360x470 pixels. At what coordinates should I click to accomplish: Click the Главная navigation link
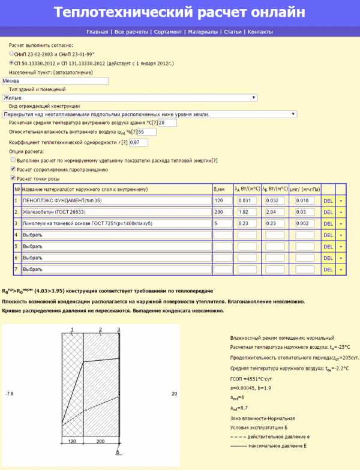[x=97, y=32]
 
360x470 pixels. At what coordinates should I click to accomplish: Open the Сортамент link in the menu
[x=167, y=32]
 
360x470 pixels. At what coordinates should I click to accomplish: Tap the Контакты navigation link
[x=260, y=32]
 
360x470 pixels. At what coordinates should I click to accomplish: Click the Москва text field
[x=54, y=80]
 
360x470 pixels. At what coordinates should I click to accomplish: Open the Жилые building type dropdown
[x=129, y=97]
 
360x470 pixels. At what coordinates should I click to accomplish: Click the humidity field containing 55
[x=147, y=131]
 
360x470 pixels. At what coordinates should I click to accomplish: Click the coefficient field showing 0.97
[x=138, y=142]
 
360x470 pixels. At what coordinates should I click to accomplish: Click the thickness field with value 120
[x=221, y=200]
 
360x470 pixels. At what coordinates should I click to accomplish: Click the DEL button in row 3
[x=328, y=223]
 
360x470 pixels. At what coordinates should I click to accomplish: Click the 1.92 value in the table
[x=247, y=212]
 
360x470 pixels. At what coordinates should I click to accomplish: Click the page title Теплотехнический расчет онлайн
[x=179, y=13]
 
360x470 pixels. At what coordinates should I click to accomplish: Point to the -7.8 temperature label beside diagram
[x=9, y=394]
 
